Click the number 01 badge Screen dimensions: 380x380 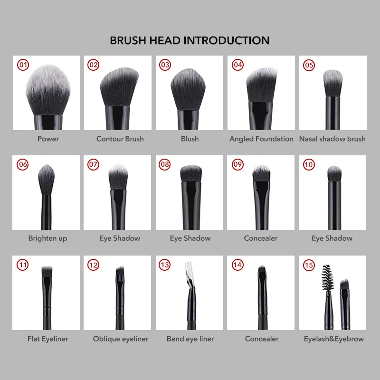22,65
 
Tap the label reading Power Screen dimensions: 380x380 48,139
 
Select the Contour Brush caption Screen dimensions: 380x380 120,139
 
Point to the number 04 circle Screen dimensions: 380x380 237,65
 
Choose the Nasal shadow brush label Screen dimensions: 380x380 332,139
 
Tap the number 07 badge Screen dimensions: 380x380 94,164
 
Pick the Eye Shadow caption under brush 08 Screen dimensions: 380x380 190,238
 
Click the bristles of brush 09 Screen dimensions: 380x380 261,174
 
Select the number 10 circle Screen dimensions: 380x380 309,164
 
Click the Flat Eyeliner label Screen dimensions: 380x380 47,339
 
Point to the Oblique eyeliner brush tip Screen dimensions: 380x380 119,272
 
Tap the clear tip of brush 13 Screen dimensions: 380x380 187,274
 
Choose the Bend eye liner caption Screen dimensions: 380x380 190,339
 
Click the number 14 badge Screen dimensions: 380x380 237,265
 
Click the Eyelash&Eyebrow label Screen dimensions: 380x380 334,339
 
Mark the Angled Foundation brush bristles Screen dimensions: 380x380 261,85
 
